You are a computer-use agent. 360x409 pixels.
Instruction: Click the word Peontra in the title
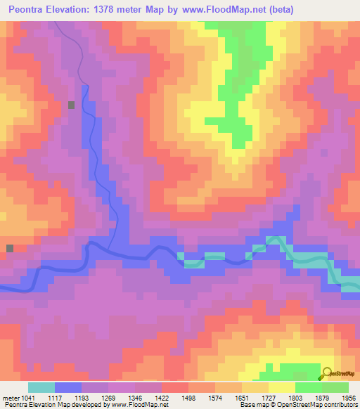30,9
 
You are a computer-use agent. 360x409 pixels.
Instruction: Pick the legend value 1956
349,398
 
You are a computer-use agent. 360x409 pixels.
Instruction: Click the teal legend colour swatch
41,387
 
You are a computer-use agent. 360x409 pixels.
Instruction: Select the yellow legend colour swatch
281,387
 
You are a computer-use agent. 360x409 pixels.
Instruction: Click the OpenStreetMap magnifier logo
328,375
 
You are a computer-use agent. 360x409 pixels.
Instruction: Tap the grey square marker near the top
72,105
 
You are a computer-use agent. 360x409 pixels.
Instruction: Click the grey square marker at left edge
10,248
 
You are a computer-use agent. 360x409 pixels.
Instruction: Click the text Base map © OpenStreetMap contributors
298,405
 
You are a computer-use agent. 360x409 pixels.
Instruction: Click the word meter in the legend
10,398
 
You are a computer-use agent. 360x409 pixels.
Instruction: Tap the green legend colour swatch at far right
335,387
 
